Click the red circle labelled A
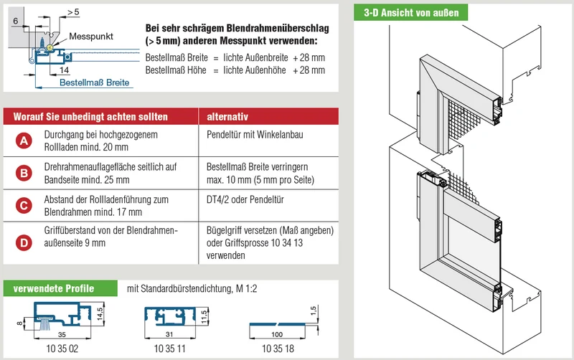click(x=24, y=141)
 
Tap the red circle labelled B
click(x=24, y=173)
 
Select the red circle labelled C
click(x=24, y=206)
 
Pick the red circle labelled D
click(x=24, y=242)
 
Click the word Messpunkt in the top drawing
click(x=91, y=37)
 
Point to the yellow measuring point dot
click(x=50, y=47)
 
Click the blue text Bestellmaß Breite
click(x=95, y=82)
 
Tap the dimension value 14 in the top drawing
click(x=64, y=70)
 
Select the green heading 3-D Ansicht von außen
click(x=411, y=13)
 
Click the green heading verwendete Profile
click(x=54, y=289)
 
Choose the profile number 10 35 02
click(x=62, y=349)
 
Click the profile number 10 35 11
click(x=169, y=349)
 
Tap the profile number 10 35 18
click(x=278, y=349)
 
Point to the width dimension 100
click(x=277, y=334)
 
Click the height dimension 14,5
click(x=100, y=314)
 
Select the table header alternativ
click(x=227, y=117)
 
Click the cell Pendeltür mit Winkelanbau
click(x=255, y=135)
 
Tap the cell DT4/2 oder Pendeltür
click(x=245, y=199)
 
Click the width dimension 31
click(x=169, y=334)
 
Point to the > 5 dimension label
click(x=73, y=12)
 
